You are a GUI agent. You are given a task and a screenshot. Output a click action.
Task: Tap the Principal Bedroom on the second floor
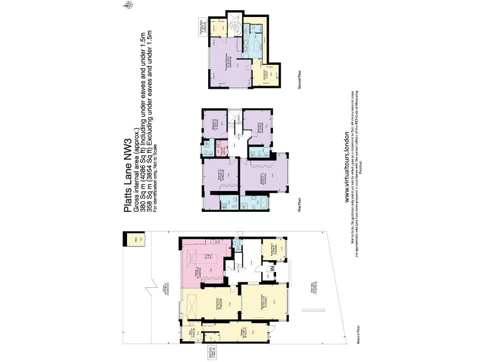pyautogui.click(x=225, y=63)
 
